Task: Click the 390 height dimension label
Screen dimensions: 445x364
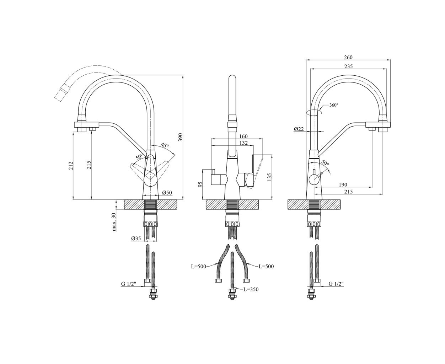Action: (181, 137)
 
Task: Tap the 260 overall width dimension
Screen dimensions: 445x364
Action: (348, 57)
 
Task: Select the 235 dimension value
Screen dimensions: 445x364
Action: (348, 66)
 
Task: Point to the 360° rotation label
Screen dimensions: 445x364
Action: (334, 105)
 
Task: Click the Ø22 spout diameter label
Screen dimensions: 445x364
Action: (299, 129)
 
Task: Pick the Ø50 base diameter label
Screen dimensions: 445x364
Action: (167, 193)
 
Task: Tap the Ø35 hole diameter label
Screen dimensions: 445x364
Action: (136, 239)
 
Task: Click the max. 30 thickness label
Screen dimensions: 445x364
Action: (114, 222)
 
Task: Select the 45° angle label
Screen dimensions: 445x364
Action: (165, 145)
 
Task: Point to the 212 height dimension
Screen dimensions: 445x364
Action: (70, 166)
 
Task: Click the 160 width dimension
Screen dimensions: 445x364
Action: (243, 136)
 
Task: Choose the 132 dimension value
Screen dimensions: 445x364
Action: (243, 143)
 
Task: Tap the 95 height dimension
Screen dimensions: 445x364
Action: (200, 184)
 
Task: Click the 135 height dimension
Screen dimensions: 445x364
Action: (269, 177)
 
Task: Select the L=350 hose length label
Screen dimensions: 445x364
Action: (251, 289)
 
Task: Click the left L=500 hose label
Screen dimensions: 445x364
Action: (199, 267)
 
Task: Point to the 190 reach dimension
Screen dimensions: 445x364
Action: (343, 184)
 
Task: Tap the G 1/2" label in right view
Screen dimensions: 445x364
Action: (336, 284)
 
